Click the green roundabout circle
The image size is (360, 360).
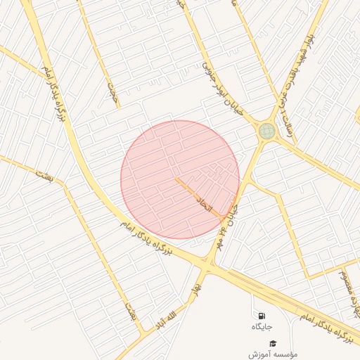[266, 131]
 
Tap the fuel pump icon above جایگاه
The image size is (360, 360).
[262, 316]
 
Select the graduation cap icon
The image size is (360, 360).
[273, 342]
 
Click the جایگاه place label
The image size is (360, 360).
[262, 327]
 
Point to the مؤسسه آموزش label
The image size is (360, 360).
[274, 353]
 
